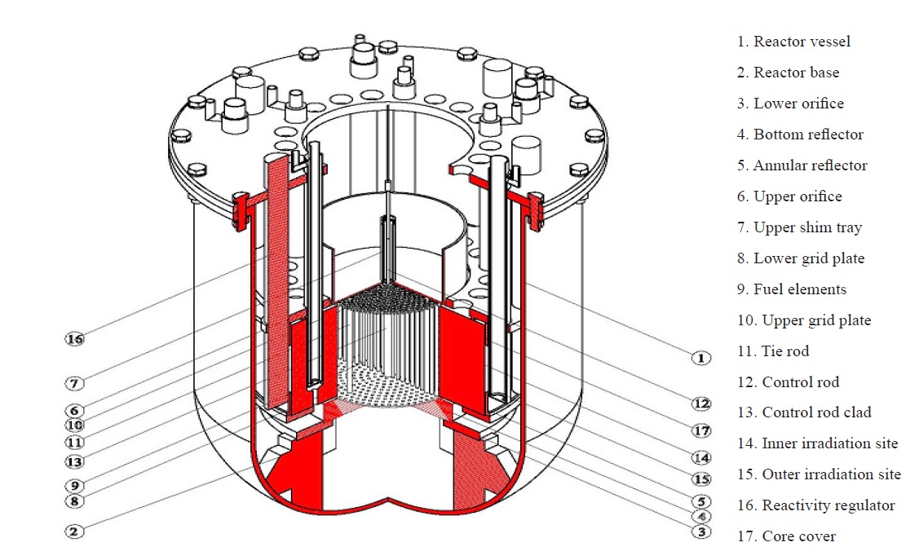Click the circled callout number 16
[75, 338]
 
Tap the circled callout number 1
[700, 357]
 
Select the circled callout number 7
[75, 382]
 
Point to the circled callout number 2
[75, 531]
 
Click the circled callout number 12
[700, 403]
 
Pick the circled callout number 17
[700, 430]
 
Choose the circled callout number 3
[700, 532]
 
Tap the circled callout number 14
[700, 458]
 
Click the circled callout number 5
[700, 501]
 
